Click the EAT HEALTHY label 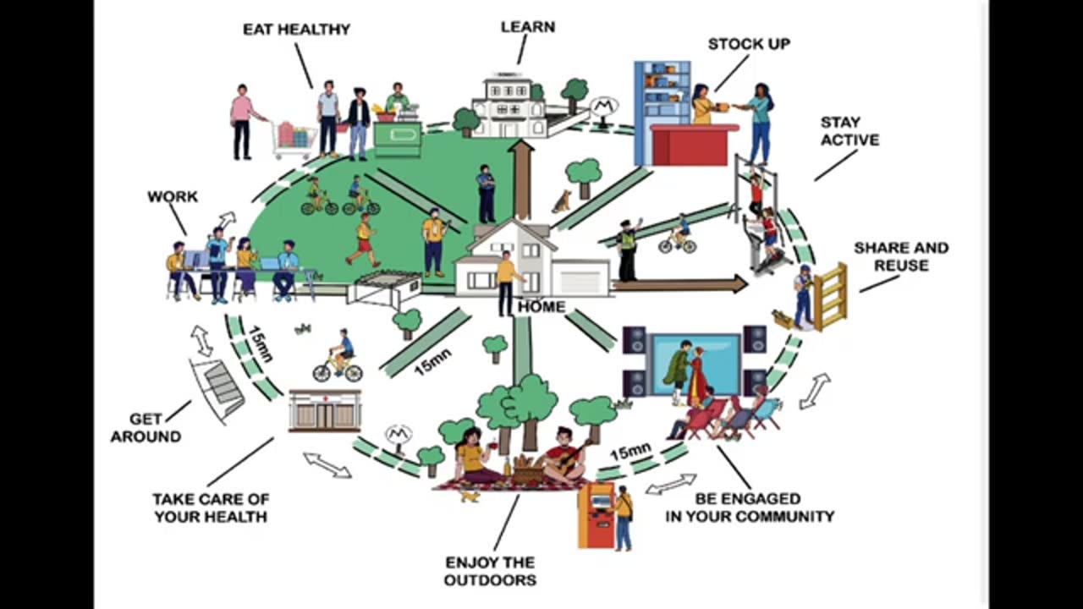(296, 29)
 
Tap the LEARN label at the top (527, 27)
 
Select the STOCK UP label (749, 44)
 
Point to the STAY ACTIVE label (849, 131)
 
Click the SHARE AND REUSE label (901, 256)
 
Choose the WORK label (173, 196)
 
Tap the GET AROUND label (146, 428)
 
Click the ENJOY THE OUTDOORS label (490, 571)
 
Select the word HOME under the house (541, 306)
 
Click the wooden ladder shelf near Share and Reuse (830, 296)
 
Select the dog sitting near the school (561, 201)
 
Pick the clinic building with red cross (325, 411)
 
